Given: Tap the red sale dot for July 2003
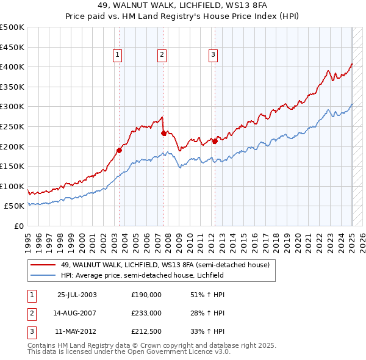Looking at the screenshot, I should tap(120, 149).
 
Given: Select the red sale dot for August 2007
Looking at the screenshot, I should tap(163, 132).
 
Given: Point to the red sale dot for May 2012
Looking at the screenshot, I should tap(215, 141).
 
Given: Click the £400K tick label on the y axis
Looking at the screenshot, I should tap(13, 67).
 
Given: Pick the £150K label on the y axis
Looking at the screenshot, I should tap(13, 166).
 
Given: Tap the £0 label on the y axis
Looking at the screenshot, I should tap(19, 226).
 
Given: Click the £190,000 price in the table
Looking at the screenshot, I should tap(146, 295).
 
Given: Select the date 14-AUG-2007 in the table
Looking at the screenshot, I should tap(77, 313).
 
